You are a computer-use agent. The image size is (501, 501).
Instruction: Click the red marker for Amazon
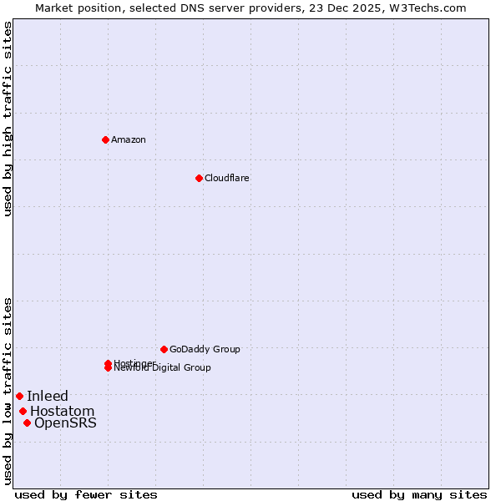click(105, 139)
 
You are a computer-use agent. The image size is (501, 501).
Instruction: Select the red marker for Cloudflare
click(199, 178)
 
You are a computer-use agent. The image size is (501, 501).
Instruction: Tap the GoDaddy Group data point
click(164, 349)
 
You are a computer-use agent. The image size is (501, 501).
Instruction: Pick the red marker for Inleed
click(19, 396)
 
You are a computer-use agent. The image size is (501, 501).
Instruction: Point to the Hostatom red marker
click(23, 411)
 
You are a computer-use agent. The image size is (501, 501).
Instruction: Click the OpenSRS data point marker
click(27, 423)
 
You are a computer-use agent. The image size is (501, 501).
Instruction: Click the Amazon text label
click(129, 139)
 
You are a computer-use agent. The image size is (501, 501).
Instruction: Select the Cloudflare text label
click(227, 178)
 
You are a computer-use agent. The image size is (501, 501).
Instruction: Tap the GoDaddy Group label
click(205, 349)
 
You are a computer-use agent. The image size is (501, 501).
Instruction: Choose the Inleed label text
click(48, 396)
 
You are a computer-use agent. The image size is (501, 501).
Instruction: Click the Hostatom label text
click(63, 411)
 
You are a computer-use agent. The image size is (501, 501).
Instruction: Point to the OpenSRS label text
click(65, 423)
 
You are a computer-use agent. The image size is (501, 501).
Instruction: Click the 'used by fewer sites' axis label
click(86, 494)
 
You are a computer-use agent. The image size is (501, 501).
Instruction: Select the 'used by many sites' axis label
click(419, 494)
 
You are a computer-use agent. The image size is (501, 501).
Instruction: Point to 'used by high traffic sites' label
click(8, 119)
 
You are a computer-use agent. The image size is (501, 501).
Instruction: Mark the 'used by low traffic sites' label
click(8, 391)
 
